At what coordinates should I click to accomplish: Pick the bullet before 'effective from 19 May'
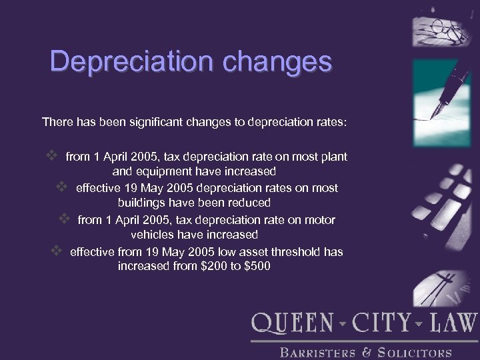tap(57, 251)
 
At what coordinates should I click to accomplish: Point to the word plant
tap(334, 157)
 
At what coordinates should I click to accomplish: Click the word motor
tap(319, 220)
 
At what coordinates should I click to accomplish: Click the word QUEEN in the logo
tap(291, 323)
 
